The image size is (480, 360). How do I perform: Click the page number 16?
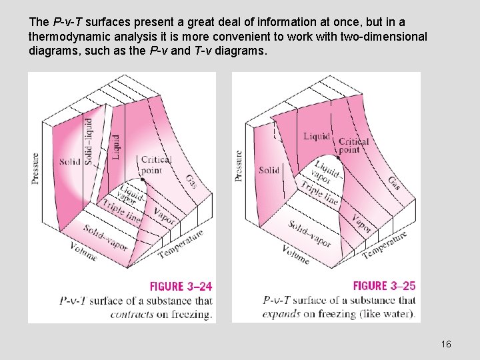point(446,344)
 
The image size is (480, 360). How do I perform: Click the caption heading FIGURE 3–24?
point(181,287)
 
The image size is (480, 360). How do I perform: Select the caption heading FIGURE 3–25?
point(384,286)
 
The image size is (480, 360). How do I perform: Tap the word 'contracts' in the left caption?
point(133,315)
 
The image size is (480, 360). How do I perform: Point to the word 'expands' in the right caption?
point(281,314)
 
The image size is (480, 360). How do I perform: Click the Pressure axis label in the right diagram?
point(239,165)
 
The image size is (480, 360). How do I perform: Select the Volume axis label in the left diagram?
point(84,251)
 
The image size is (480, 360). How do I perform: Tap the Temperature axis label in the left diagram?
point(181,245)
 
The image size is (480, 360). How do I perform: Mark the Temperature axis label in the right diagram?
point(384,245)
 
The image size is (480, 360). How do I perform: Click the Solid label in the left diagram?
point(70,161)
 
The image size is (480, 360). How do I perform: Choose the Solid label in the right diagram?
point(269,170)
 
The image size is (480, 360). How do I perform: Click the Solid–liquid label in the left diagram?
point(89,141)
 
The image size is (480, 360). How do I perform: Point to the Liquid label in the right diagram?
point(317,137)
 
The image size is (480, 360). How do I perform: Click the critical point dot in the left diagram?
point(143,179)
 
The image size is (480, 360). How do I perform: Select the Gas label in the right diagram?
point(395,183)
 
